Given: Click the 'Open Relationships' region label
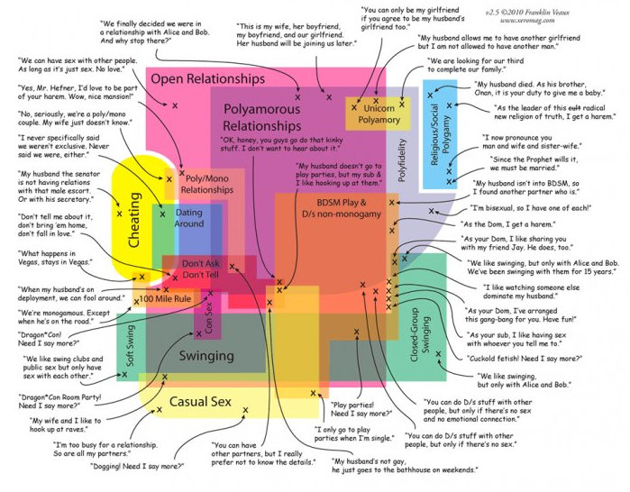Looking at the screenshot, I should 207,79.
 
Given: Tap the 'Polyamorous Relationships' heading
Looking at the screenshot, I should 261,116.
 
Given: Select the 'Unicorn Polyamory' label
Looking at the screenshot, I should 378,113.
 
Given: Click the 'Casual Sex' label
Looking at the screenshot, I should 201,401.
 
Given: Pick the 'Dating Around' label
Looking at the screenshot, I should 189,216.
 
